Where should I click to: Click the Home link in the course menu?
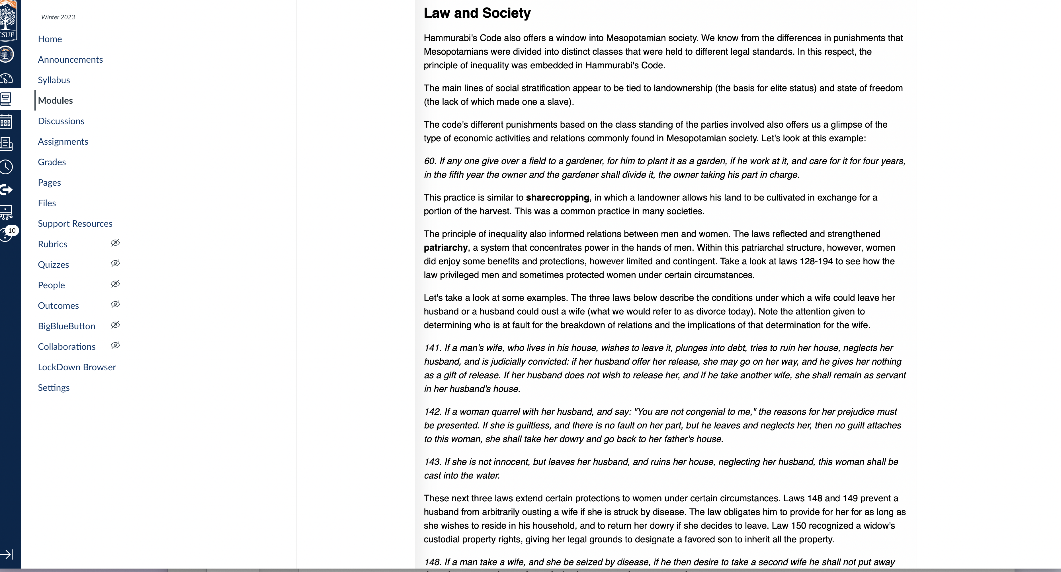click(x=50, y=39)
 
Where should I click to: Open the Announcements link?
click(x=70, y=60)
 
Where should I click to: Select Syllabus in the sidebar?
click(x=54, y=80)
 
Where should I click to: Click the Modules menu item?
click(x=55, y=101)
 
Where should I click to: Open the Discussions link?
click(x=61, y=121)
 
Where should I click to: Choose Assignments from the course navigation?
click(x=63, y=142)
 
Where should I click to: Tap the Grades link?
click(x=52, y=162)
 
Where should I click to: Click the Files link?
click(x=47, y=203)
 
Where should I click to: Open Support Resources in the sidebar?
click(x=75, y=224)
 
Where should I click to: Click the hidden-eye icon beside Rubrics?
click(x=115, y=243)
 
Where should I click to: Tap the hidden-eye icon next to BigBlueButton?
click(x=115, y=325)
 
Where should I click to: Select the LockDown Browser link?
click(x=77, y=367)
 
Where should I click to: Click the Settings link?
click(x=54, y=388)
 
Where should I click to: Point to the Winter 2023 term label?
click(x=58, y=17)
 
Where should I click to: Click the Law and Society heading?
click(x=477, y=13)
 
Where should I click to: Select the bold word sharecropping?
click(x=557, y=198)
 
